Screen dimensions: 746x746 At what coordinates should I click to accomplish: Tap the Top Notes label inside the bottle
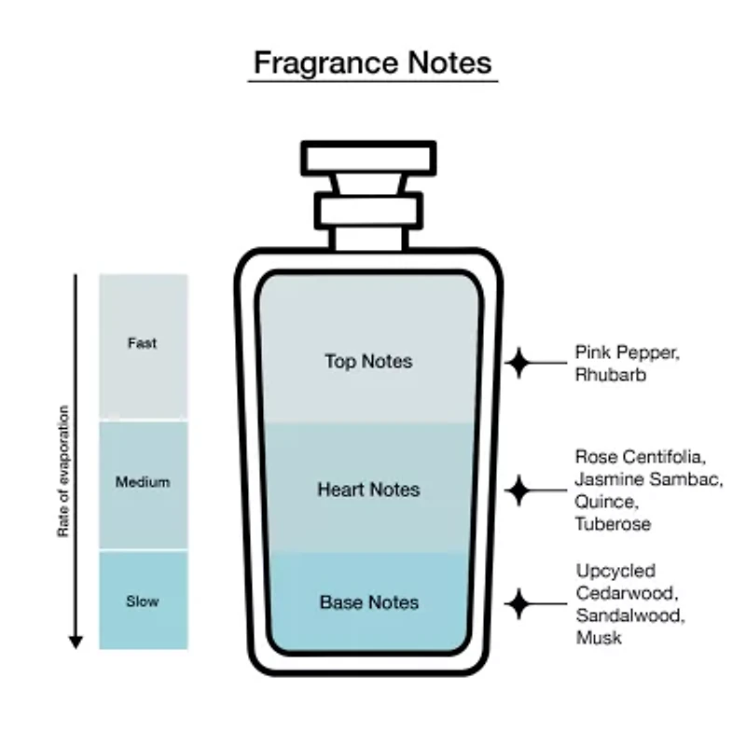click(368, 361)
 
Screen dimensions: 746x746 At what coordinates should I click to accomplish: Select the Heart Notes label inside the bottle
click(368, 490)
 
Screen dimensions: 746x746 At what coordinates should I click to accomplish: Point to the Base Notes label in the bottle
click(368, 602)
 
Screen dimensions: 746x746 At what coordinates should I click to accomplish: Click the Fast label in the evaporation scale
click(142, 343)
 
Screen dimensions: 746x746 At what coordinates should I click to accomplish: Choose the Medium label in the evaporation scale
click(143, 482)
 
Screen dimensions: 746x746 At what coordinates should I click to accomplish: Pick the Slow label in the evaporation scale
click(143, 601)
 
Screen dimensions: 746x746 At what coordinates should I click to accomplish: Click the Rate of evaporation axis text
click(64, 471)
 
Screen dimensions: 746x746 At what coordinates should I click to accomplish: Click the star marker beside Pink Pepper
click(518, 362)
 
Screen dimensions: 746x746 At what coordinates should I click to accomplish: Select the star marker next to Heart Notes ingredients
click(518, 489)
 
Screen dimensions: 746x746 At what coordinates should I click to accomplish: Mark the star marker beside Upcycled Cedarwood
click(518, 603)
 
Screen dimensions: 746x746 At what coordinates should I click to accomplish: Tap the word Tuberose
click(612, 524)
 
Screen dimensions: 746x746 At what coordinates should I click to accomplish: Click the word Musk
click(598, 638)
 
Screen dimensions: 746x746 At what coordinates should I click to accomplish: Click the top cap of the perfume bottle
click(368, 158)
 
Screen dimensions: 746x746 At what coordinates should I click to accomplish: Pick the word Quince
click(602, 502)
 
